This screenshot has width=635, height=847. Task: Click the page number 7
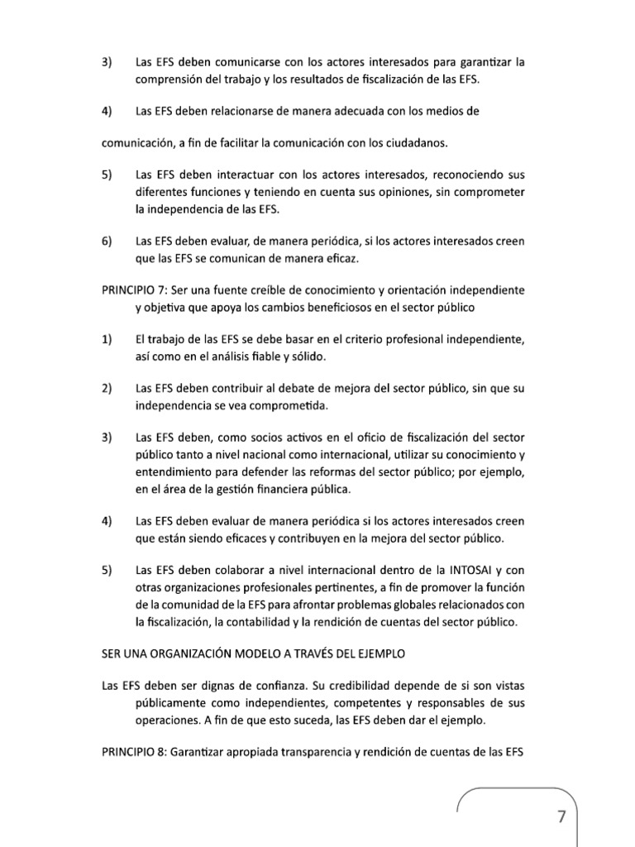pos(562,816)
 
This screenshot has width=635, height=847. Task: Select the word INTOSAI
pos(471,571)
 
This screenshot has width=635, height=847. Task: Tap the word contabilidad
pos(328,621)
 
